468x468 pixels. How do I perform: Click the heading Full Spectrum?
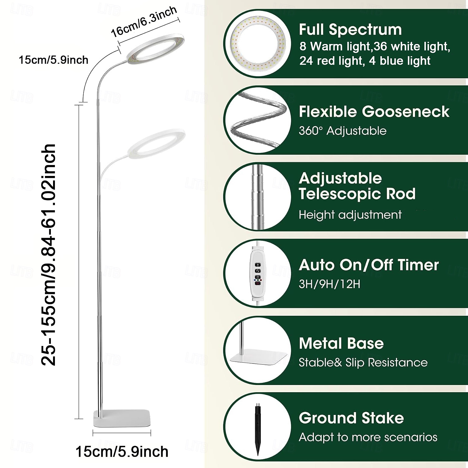click(350, 30)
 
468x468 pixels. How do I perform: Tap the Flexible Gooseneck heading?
click(374, 111)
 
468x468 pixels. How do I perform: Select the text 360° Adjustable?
click(342, 131)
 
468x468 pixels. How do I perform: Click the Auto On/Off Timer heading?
click(369, 265)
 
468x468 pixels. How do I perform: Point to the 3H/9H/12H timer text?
click(329, 284)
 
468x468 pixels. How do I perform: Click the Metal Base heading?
click(341, 344)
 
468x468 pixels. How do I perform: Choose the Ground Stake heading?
click(351, 418)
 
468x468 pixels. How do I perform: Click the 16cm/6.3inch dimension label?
click(144, 21)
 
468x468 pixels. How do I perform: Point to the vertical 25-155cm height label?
click(49, 255)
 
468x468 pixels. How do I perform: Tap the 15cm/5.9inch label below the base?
click(122, 451)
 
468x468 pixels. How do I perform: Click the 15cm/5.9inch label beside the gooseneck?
click(53, 60)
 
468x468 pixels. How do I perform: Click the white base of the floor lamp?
click(122, 418)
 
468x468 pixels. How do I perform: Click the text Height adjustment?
click(350, 215)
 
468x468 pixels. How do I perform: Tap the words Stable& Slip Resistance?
click(363, 363)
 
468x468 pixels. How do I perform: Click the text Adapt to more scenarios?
click(368, 437)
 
